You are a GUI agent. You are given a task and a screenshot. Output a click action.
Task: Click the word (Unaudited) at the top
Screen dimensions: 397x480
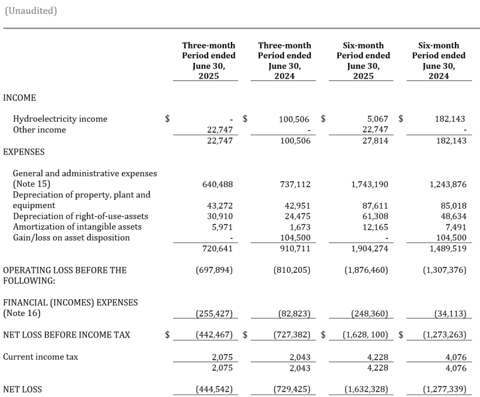click(31, 11)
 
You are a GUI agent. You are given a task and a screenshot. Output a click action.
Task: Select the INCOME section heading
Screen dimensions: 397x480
click(19, 98)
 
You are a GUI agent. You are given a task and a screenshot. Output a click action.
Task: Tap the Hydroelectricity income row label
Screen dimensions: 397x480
click(60, 119)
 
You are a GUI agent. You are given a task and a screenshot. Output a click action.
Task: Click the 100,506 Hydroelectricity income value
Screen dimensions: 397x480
click(294, 119)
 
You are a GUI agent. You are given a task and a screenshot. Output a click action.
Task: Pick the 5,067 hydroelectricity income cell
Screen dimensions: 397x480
click(376, 119)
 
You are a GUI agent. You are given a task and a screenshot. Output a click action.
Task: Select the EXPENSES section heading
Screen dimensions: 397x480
click(24, 152)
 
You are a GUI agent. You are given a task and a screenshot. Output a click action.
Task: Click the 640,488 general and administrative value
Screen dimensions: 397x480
click(215, 184)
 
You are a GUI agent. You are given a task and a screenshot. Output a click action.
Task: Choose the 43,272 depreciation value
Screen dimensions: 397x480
click(219, 206)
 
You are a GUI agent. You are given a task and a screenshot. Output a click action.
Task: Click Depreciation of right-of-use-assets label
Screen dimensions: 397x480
click(80, 216)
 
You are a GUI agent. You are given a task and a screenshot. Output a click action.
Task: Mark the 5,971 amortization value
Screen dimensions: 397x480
click(221, 227)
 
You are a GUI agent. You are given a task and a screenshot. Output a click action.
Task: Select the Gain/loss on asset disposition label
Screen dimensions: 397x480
click(71, 237)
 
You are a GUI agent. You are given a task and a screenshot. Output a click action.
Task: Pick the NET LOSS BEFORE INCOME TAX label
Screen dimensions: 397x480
click(67, 335)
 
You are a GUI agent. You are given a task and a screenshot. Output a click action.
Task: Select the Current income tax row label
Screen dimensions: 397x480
click(41, 357)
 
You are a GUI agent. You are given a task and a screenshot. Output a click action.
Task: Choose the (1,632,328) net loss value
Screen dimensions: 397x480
click(367, 389)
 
